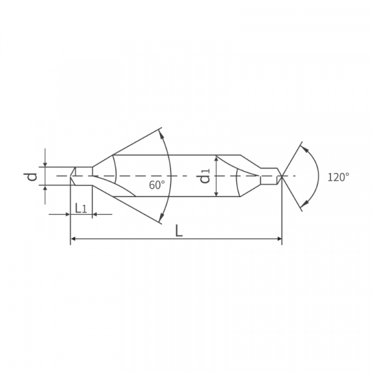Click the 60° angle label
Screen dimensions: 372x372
pos(157,185)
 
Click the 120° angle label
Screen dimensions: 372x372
pos(339,177)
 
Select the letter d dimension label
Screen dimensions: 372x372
pos(30,177)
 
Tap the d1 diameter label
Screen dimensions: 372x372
pos(205,176)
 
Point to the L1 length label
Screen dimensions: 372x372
pos(81,208)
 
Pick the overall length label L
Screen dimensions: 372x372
pos(179,231)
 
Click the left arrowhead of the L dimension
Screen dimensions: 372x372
pos(73,239)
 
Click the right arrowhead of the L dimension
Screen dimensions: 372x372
pos(280,239)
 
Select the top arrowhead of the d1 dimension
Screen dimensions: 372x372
pos(216,157)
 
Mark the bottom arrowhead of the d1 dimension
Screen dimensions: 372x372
pos(216,194)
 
